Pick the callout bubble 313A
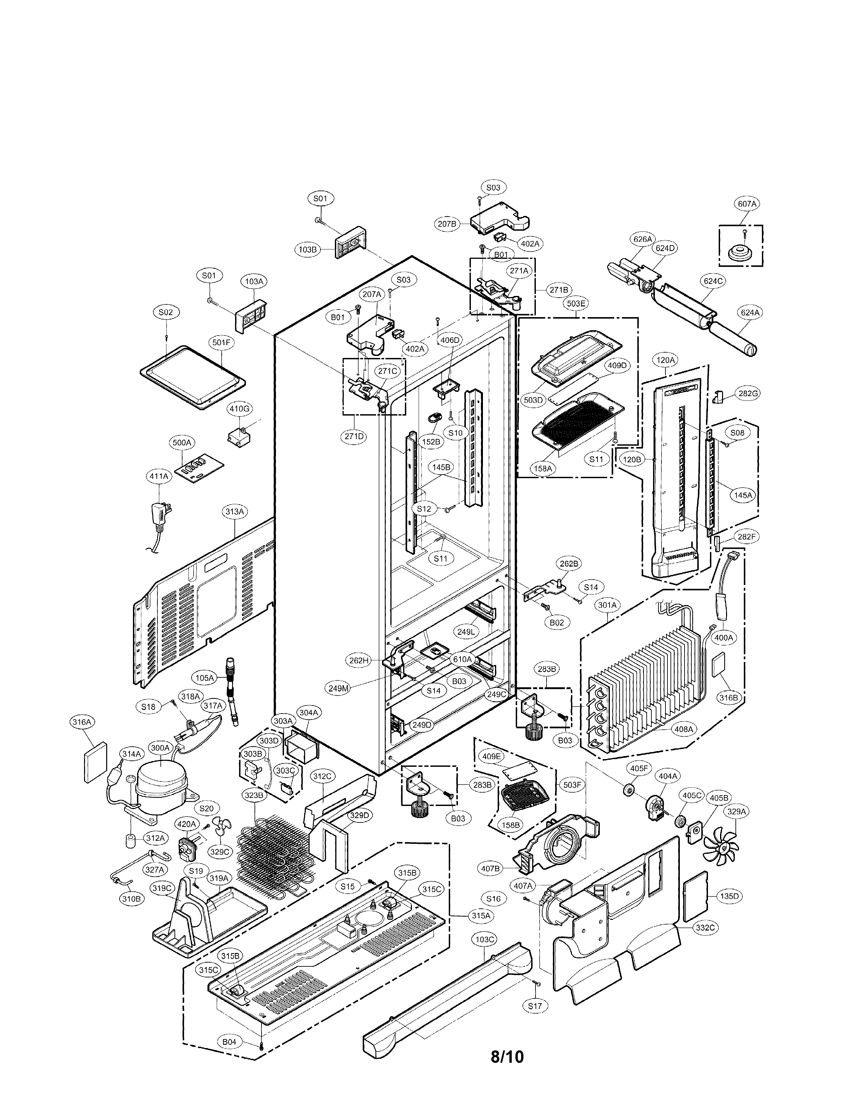coord(235,512)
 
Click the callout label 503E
coord(576,304)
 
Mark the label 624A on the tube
coord(750,313)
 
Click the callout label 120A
coord(665,360)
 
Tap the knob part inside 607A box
coord(741,252)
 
